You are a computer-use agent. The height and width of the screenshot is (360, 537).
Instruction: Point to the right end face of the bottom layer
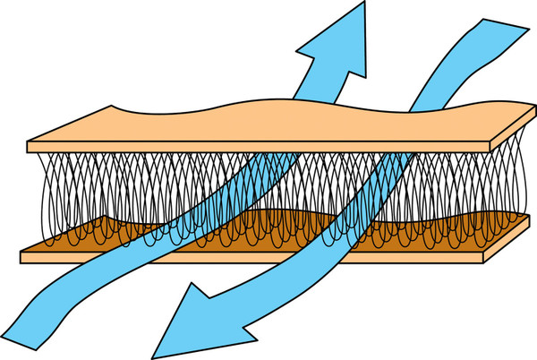click(518, 236)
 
